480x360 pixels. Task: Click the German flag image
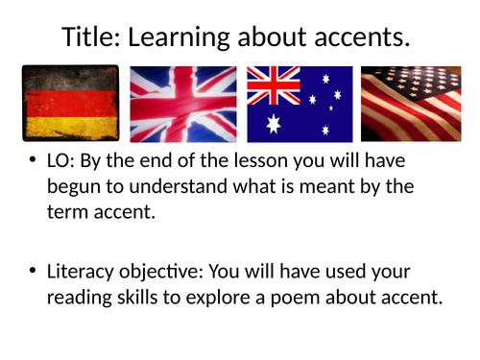(x=69, y=104)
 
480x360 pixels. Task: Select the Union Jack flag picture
(x=183, y=104)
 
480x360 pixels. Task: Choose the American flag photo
(x=411, y=104)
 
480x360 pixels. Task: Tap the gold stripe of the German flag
(x=69, y=127)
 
